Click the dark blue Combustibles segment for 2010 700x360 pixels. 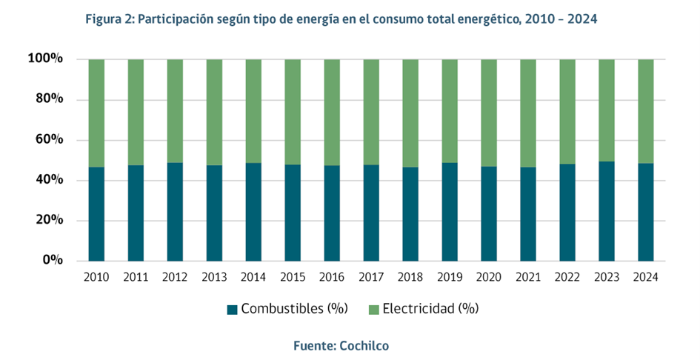96,214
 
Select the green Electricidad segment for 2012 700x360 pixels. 175,111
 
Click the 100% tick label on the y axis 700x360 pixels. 49,59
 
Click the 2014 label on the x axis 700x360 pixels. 253,277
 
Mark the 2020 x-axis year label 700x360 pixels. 489,277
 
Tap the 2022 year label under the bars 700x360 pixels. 567,277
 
